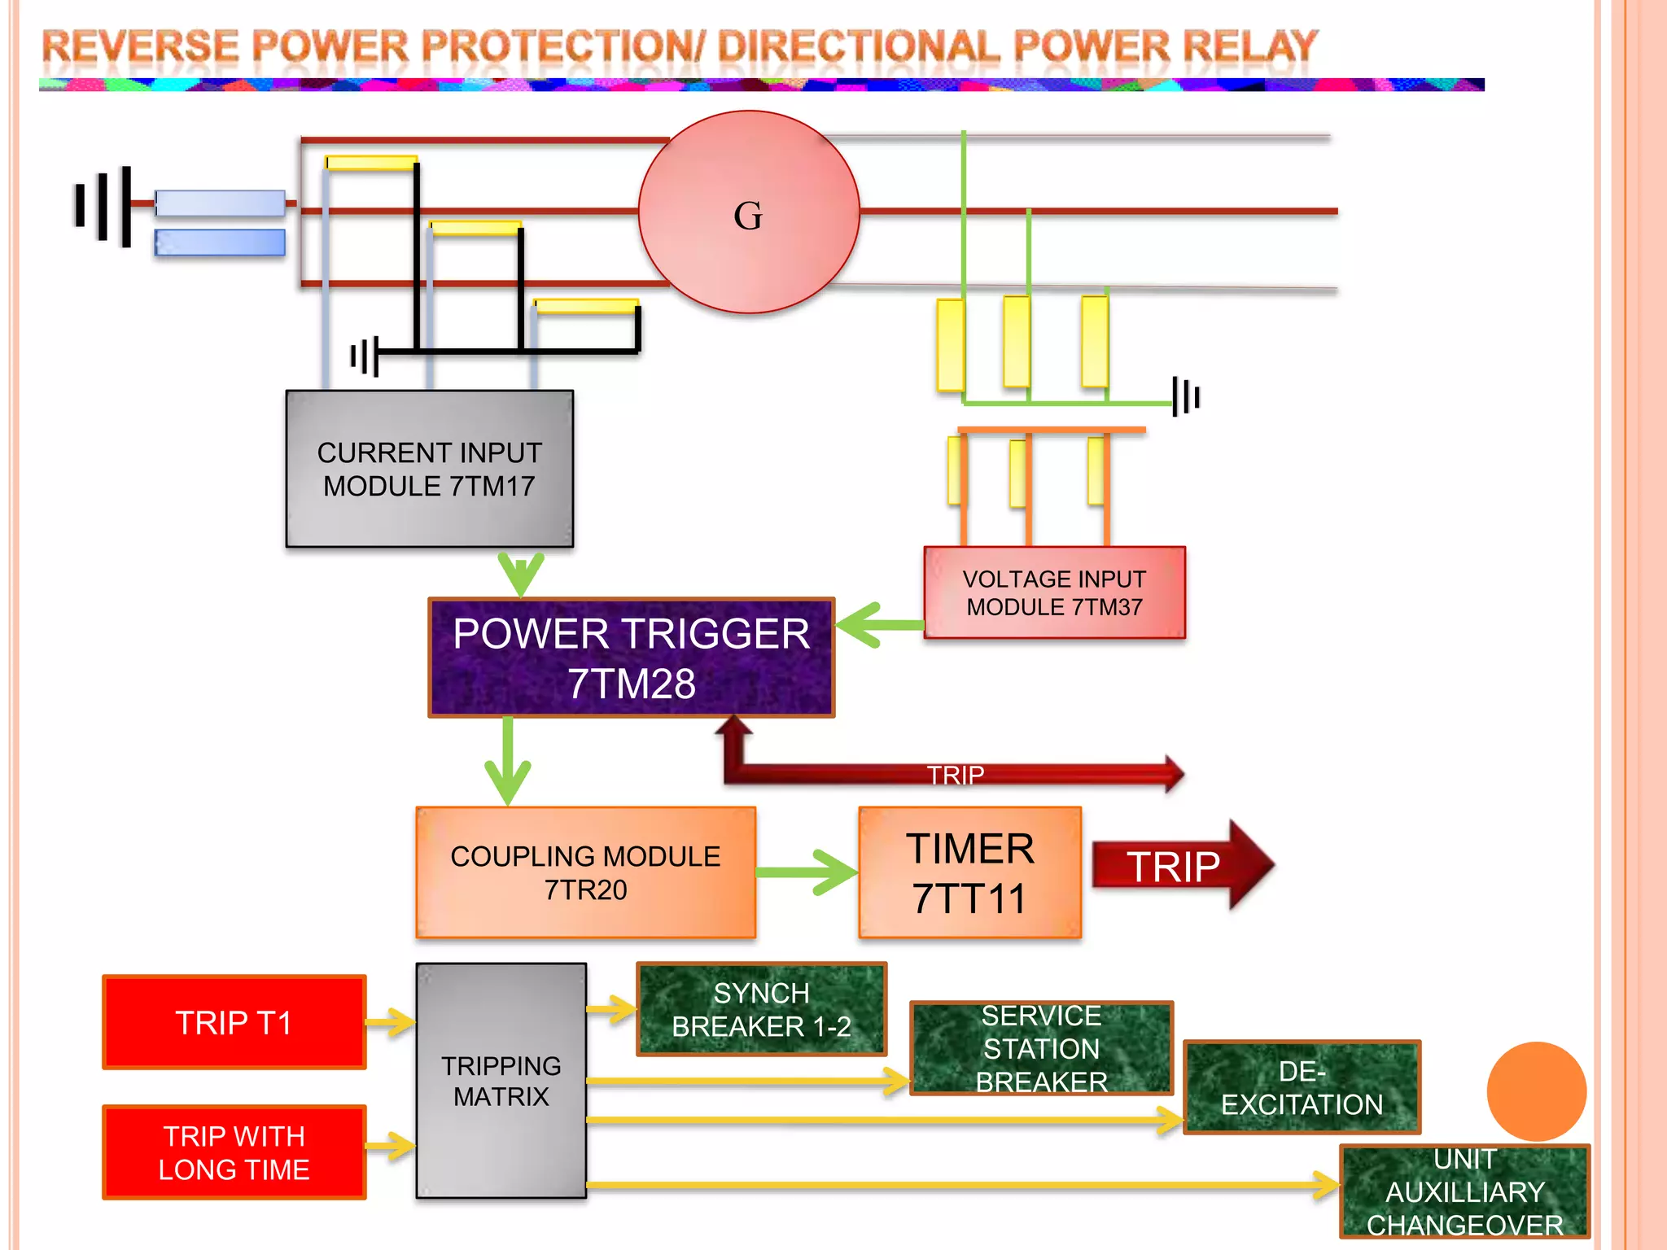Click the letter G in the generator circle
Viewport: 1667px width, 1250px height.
(x=748, y=216)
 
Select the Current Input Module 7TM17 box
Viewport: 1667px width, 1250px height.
(x=429, y=469)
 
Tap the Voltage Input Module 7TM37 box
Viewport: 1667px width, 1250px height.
(x=1054, y=592)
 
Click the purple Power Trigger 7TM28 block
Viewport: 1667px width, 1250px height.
(x=631, y=658)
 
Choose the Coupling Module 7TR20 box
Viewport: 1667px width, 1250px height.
(x=585, y=872)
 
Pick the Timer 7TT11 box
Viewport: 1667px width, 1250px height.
(x=969, y=872)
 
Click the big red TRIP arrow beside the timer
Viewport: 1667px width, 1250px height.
(x=1180, y=866)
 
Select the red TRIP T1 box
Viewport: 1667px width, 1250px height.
(x=234, y=1022)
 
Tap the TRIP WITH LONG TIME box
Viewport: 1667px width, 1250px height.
(x=234, y=1152)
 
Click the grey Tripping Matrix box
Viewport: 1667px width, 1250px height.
(x=501, y=1081)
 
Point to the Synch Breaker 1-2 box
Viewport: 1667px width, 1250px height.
(x=761, y=1009)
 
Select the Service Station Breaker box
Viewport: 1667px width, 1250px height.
(x=1041, y=1048)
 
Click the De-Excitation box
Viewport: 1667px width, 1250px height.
(x=1302, y=1087)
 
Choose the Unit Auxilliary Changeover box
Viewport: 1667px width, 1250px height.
(x=1464, y=1191)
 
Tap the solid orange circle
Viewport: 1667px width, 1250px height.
(x=1536, y=1090)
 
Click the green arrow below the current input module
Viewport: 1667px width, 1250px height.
(x=521, y=574)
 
